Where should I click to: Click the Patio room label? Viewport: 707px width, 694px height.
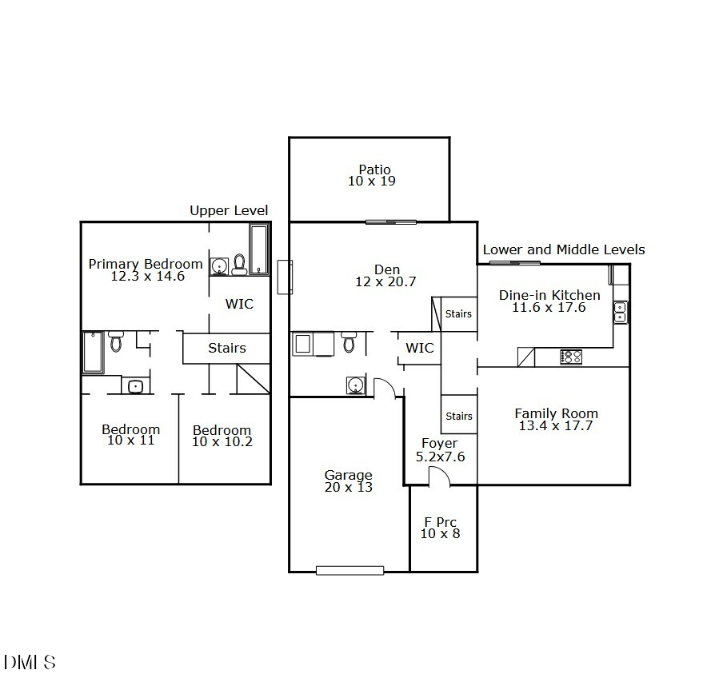(374, 170)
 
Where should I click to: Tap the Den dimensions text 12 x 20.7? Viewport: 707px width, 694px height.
(387, 282)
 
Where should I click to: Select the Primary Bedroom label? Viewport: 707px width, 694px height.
(146, 264)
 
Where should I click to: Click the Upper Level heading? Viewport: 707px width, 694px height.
(229, 211)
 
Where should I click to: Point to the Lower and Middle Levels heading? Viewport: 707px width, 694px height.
(563, 250)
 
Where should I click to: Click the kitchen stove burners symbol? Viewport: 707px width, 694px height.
(571, 357)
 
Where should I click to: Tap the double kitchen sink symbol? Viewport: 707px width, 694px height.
(620, 312)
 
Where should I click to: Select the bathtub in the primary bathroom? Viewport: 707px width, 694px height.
(258, 249)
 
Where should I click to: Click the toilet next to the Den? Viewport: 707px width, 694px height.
(349, 342)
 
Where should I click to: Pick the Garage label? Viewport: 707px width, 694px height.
(348, 475)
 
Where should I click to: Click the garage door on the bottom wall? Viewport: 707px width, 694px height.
(350, 570)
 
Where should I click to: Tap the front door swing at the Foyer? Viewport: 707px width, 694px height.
(438, 477)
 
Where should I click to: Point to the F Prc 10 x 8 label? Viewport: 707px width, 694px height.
(440, 528)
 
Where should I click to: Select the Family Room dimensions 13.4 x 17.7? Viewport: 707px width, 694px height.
(556, 426)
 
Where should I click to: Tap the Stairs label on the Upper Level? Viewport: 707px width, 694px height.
(227, 348)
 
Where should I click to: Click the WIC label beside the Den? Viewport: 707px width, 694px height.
(420, 348)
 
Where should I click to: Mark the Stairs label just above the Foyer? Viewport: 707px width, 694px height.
(459, 416)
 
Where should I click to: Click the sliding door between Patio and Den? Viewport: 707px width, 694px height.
(391, 221)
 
